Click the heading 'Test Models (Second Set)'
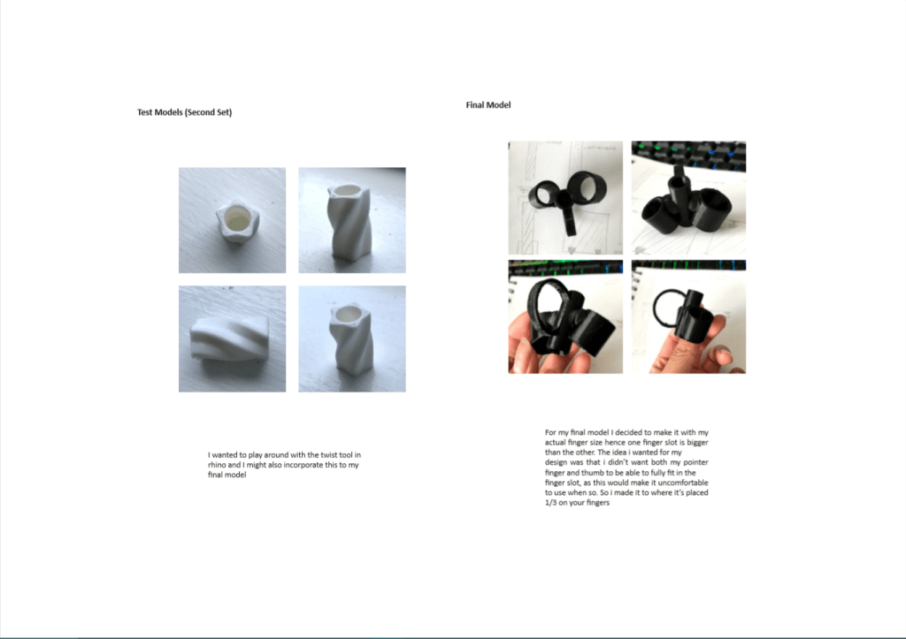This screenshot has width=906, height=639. pyautogui.click(x=184, y=112)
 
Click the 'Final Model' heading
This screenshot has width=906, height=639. pyautogui.click(x=488, y=105)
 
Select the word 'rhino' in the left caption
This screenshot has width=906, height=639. pyautogui.click(x=217, y=465)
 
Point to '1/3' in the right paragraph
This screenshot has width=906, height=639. pyautogui.click(x=550, y=503)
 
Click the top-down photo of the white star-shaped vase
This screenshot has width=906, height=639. pyautogui.click(x=233, y=220)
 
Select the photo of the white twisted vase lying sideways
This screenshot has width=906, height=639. pyautogui.click(x=233, y=339)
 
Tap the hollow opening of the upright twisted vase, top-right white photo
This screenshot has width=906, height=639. pyautogui.click(x=347, y=192)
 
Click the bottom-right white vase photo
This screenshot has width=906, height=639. pyautogui.click(x=352, y=339)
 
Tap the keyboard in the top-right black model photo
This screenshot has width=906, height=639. pyautogui.click(x=688, y=155)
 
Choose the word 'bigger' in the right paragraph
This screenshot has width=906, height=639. pyautogui.click(x=697, y=442)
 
